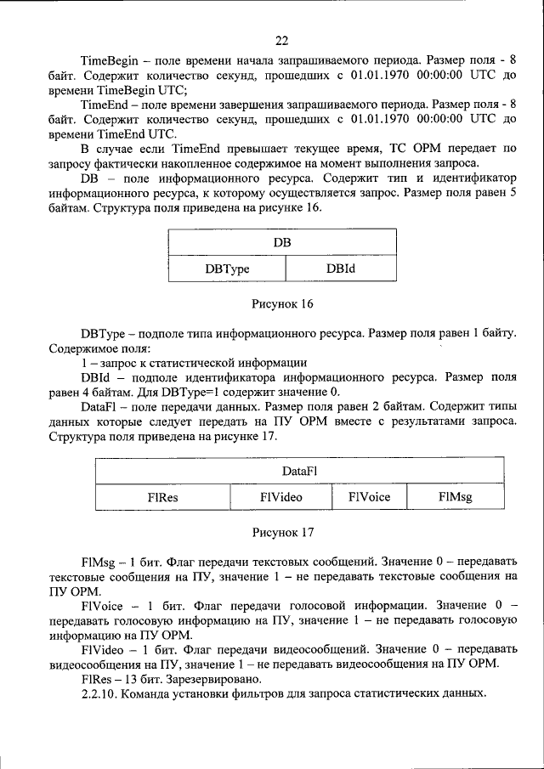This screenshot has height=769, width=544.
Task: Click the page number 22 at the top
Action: coord(282,39)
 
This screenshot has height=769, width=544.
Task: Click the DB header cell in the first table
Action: coord(283,243)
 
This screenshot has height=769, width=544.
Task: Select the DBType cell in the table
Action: coord(226,268)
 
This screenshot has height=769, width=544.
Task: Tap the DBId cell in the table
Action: coord(339,268)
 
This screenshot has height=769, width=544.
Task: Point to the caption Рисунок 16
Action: coord(283,303)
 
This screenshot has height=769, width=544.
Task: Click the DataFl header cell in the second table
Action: coord(301,470)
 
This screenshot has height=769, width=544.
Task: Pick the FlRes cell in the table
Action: coord(162,496)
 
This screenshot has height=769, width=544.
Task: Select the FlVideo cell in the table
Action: coord(280,496)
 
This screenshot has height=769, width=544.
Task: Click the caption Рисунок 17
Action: coord(283,532)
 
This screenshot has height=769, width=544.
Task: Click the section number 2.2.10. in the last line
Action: coord(102,693)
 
